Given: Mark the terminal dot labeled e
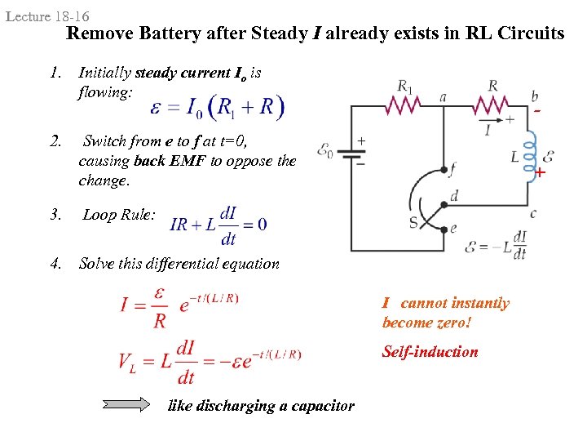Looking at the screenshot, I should pyautogui.click(x=443, y=229).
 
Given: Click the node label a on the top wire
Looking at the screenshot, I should pyautogui.click(x=443, y=96).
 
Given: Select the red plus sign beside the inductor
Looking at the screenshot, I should pyautogui.click(x=540, y=172).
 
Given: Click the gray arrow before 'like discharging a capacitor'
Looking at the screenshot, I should pyautogui.click(x=126, y=403).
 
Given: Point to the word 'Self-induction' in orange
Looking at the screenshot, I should pyautogui.click(x=430, y=352).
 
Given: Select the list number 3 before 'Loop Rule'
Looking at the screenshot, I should pyautogui.click(x=55, y=215).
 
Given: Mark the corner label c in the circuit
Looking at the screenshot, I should pyautogui.click(x=532, y=213).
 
